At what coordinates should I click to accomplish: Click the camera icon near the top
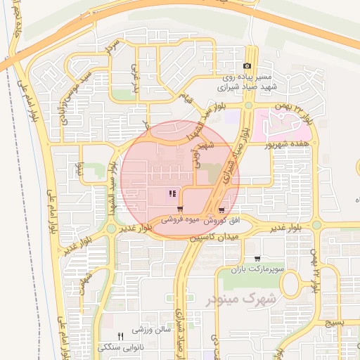(247, 66)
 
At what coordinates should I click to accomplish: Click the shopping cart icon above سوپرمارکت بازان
(256, 259)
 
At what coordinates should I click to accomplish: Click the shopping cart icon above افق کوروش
(222, 210)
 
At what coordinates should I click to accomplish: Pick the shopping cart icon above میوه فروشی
(181, 209)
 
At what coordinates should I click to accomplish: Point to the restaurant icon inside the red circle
(172, 194)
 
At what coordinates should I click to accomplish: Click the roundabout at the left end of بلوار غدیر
(111, 229)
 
